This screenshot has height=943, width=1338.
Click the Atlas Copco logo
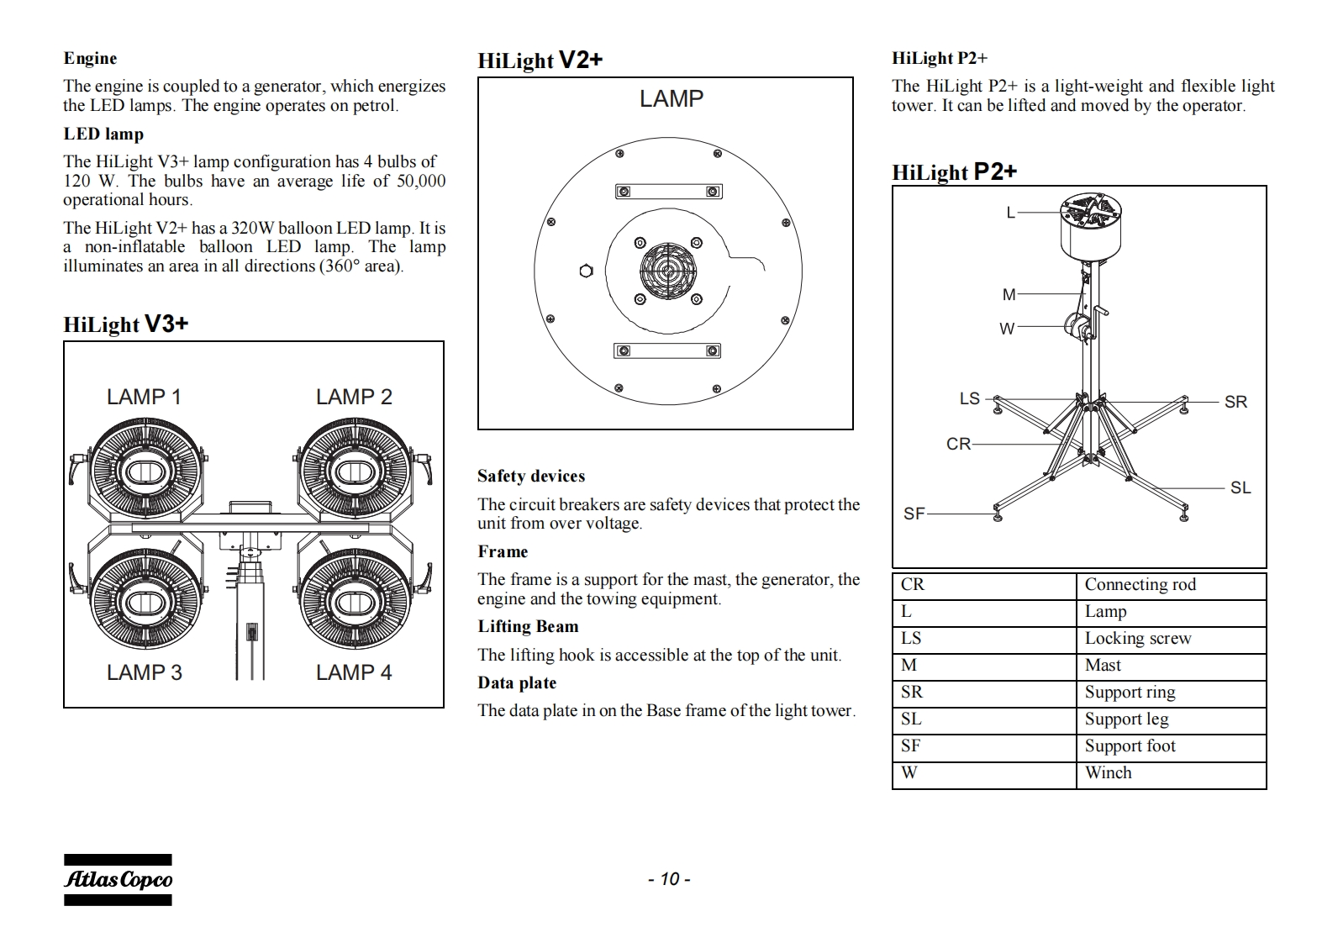(x=118, y=880)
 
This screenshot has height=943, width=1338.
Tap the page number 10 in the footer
(x=669, y=879)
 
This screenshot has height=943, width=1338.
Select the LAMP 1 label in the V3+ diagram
(x=144, y=397)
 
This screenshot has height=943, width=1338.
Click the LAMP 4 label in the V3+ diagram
(x=354, y=672)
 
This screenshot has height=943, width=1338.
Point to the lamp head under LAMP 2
(x=355, y=472)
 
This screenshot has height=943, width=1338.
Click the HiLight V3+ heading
(x=126, y=324)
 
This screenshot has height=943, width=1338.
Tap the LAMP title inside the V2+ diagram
(x=671, y=99)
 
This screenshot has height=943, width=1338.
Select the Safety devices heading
(x=531, y=476)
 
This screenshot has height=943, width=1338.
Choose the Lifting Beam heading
(x=528, y=626)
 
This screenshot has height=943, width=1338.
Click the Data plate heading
(x=517, y=682)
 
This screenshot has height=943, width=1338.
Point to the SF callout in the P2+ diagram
(x=914, y=514)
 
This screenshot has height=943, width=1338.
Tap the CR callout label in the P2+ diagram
(x=958, y=444)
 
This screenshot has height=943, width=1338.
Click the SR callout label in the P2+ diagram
(x=1235, y=402)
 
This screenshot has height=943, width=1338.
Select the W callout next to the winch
(x=1007, y=329)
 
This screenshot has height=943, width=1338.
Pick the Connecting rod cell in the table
(x=1140, y=585)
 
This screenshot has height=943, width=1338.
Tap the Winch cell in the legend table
(x=1108, y=773)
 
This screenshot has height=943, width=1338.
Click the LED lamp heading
(x=103, y=134)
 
